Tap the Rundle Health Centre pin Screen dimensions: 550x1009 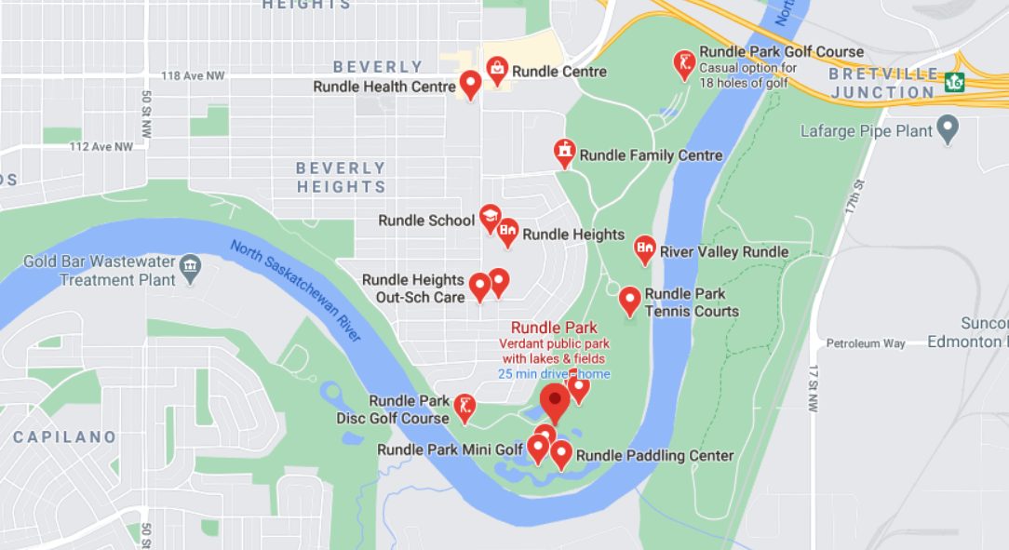471,85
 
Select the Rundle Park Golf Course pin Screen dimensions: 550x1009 684,63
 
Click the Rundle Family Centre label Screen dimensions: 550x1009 651,155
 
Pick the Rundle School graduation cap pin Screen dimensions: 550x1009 490,219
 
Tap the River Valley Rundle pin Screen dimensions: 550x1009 644,248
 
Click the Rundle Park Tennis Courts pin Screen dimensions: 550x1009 630,300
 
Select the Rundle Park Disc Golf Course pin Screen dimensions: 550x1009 465,406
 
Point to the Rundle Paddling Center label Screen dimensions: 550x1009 655,455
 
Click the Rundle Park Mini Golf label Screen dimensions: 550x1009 450,449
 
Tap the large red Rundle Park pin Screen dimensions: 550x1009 556,401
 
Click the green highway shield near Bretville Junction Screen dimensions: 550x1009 954,82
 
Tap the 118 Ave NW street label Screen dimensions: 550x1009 193,75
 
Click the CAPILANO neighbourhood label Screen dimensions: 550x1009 65,436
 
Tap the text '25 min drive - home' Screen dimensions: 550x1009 554,374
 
